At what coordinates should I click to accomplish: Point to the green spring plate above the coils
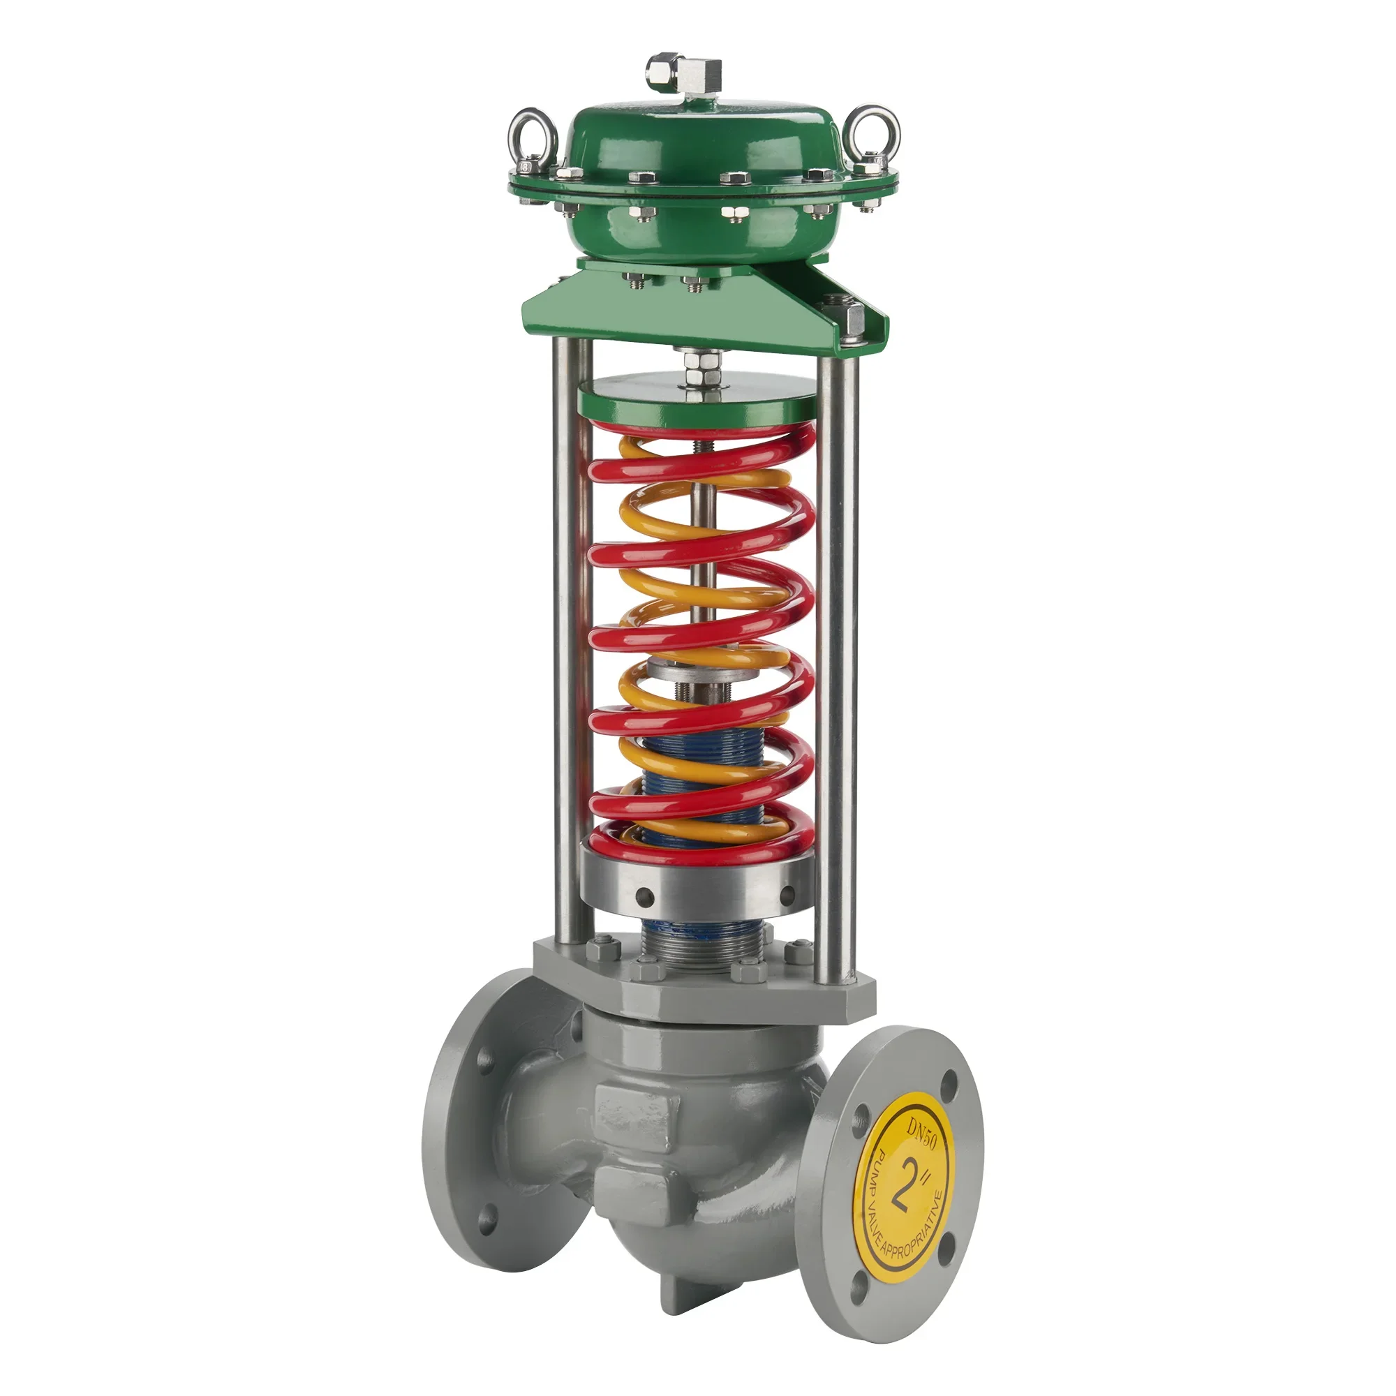point(697,409)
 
